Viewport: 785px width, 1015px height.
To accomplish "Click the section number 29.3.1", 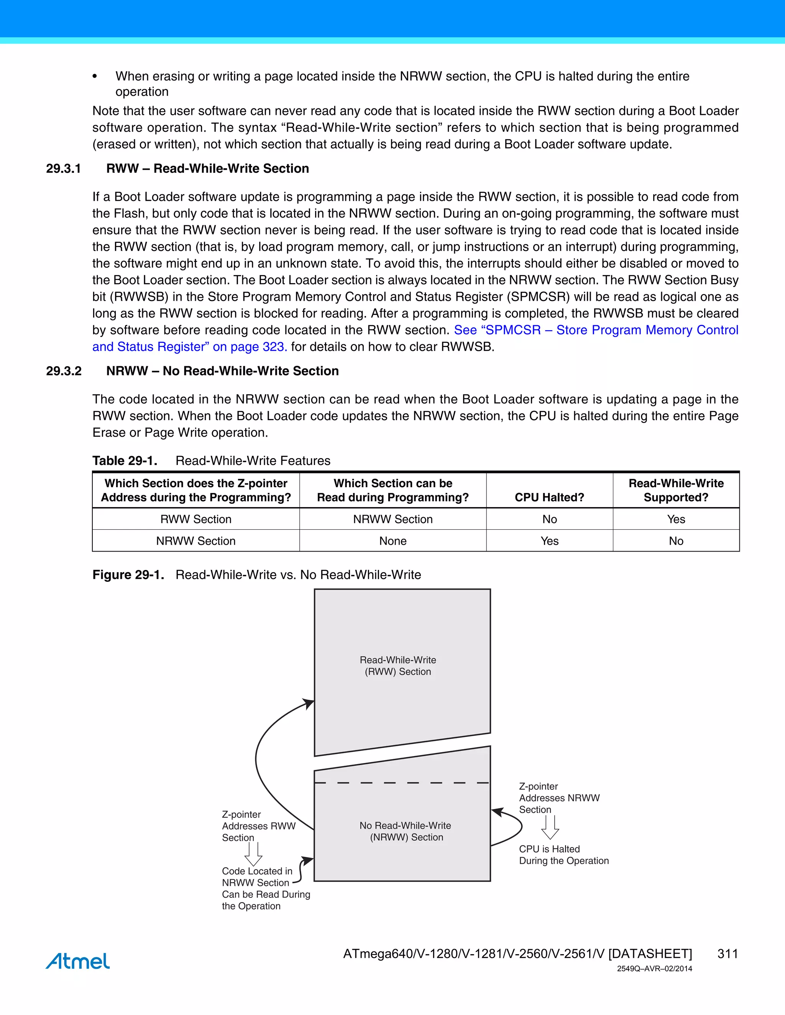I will point(63,168).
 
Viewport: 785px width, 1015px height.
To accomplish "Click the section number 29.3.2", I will point(63,371).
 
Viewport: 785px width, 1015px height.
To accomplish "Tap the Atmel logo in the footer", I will point(78,961).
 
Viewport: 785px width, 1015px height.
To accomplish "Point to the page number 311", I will point(728,954).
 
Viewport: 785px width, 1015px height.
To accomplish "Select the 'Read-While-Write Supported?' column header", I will point(676,490).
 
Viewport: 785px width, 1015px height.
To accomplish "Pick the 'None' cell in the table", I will point(392,541).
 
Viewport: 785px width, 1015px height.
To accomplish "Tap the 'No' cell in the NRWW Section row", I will point(676,541).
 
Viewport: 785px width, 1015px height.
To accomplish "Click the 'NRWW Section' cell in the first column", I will point(196,541).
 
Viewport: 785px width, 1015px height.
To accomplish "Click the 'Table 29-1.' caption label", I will point(125,460).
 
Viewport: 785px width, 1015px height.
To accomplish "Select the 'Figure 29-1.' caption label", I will point(128,575).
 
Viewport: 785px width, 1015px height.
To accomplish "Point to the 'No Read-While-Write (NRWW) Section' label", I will point(406,831).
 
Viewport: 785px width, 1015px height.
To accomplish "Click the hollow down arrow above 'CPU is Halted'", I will point(550,828).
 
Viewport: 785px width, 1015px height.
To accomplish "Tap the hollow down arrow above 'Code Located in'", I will point(253,855).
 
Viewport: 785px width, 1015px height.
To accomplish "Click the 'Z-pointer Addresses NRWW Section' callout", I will point(558,798).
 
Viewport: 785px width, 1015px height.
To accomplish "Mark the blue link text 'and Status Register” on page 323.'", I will point(189,347).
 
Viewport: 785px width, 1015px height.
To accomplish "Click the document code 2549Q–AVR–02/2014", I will point(654,969).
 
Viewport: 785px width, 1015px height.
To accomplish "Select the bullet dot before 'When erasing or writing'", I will point(95,77).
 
